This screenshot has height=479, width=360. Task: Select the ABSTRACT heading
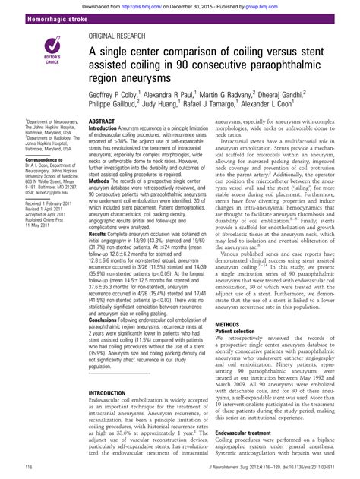pos(102,121)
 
